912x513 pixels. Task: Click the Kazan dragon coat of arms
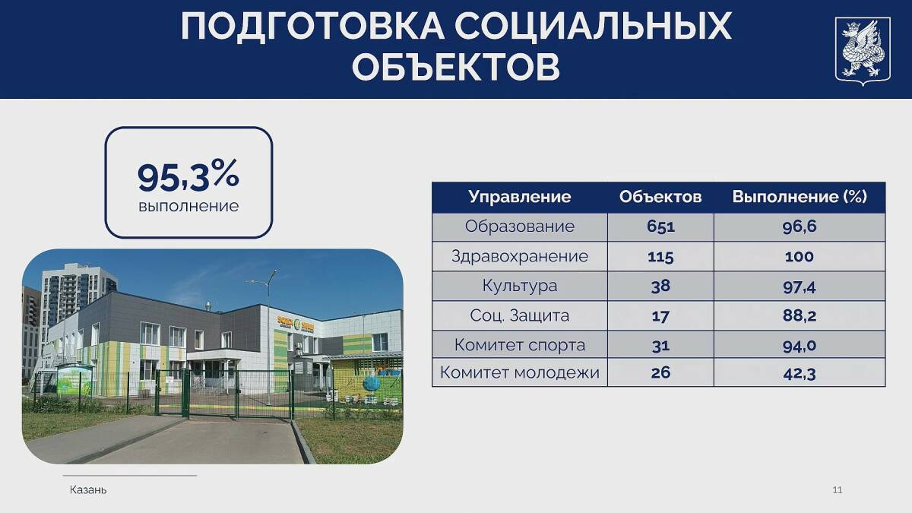[x=863, y=51]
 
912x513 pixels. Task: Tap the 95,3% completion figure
[x=188, y=176]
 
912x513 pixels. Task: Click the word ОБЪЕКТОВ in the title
[x=456, y=67]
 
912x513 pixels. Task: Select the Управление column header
[x=520, y=197]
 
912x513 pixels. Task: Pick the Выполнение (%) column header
[x=800, y=197]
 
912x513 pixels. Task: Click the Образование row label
[x=520, y=226]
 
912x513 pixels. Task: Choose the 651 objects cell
[x=660, y=226]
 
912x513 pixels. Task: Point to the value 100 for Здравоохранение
[x=800, y=257]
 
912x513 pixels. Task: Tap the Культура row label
[x=520, y=286]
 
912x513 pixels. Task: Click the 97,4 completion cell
[x=800, y=287]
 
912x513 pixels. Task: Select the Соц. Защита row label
[x=520, y=315]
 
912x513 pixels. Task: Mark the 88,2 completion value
[x=800, y=316]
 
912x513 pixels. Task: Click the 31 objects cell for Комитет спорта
[x=660, y=346]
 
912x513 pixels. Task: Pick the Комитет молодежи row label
[x=520, y=372]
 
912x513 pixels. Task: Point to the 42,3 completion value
[x=800, y=374]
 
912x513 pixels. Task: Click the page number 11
[x=837, y=489]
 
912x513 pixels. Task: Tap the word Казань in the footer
[x=88, y=489]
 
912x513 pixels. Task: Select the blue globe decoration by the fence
[x=371, y=384]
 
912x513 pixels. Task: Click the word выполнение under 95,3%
[x=188, y=206]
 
